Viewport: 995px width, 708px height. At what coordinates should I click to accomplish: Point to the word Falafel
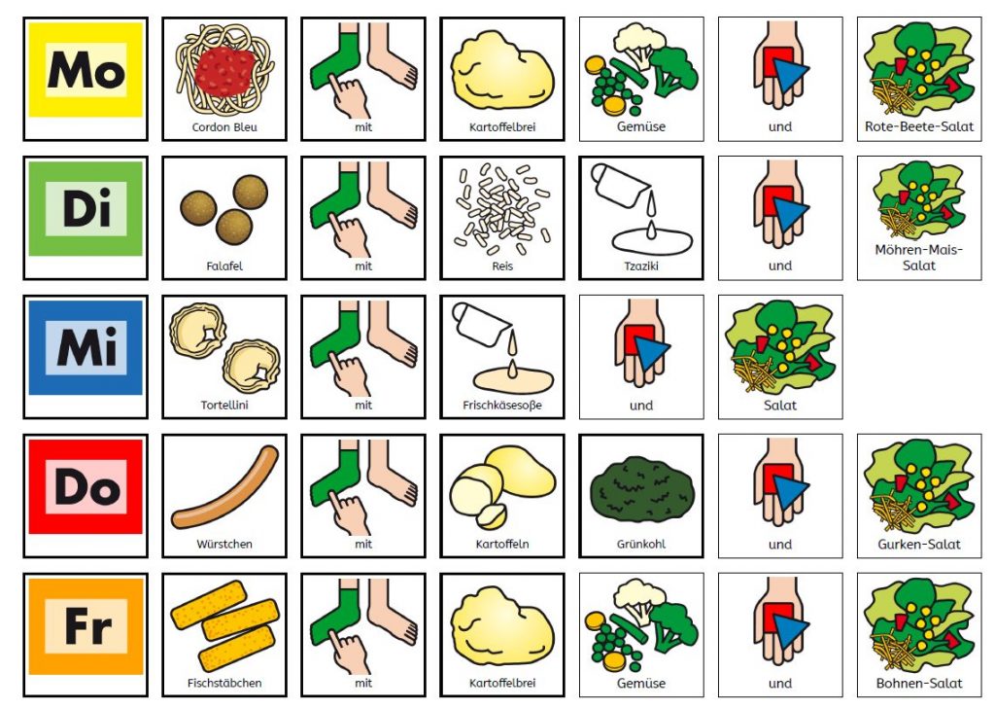pyautogui.click(x=224, y=266)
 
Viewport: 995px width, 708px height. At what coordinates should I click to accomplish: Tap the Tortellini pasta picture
pyautogui.click(x=224, y=347)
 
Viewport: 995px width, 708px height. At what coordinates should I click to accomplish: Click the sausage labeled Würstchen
pyautogui.click(x=224, y=487)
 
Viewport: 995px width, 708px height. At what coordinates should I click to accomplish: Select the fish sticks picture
pyautogui.click(x=224, y=626)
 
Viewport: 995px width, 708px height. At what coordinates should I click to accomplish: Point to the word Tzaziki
pyautogui.click(x=641, y=266)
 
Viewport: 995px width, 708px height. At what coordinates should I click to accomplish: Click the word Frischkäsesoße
pyautogui.click(x=502, y=406)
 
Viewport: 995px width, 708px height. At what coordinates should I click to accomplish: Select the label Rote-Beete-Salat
pyautogui.click(x=919, y=127)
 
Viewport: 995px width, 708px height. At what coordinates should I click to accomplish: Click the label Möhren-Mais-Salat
pyautogui.click(x=919, y=257)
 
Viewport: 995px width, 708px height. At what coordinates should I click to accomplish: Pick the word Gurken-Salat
pyautogui.click(x=919, y=545)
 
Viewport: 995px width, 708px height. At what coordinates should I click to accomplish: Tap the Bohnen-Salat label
pyautogui.click(x=919, y=684)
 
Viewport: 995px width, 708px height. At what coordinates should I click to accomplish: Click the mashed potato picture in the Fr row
pyautogui.click(x=502, y=626)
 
